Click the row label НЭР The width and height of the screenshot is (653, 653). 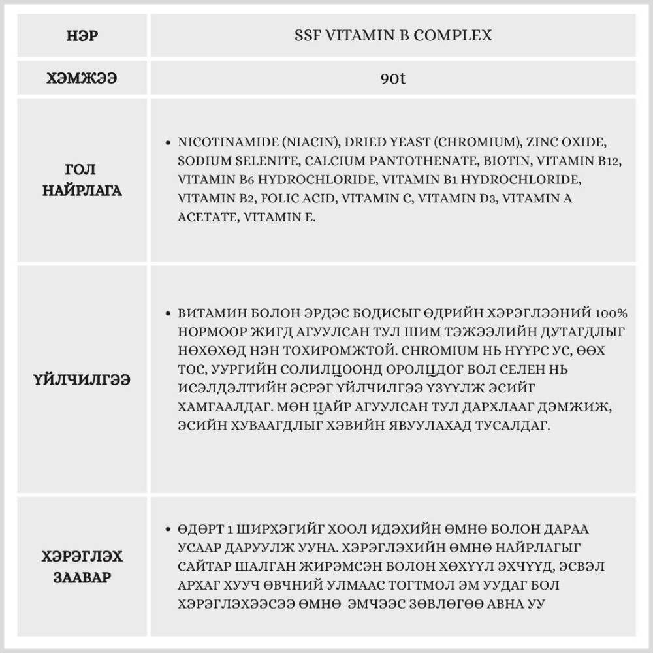(82, 35)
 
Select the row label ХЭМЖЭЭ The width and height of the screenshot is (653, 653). (82, 78)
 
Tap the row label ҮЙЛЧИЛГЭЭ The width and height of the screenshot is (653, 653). (82, 379)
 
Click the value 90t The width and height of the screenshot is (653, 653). (392, 79)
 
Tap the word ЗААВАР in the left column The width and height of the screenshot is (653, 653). (82, 579)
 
